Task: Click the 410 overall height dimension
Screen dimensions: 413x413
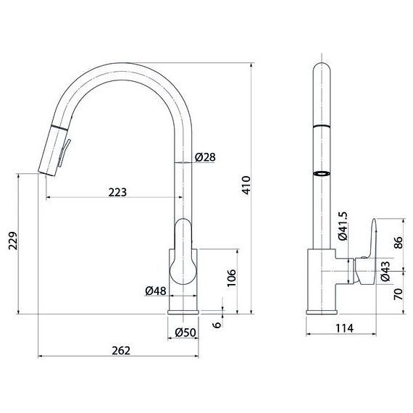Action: pyautogui.click(x=246, y=185)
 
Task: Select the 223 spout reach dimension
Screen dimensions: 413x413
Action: pyautogui.click(x=117, y=192)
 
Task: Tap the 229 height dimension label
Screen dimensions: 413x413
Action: pyautogui.click(x=13, y=241)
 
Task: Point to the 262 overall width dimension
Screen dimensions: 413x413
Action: pyautogui.click(x=121, y=351)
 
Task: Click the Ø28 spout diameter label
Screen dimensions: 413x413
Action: pyautogui.click(x=205, y=157)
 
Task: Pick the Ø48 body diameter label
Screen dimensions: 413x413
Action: pyautogui.click(x=156, y=291)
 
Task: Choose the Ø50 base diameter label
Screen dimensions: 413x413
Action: pyautogui.click(x=185, y=333)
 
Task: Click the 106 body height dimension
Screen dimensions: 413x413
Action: pyautogui.click(x=232, y=278)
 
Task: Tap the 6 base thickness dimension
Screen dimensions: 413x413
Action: pyautogui.click(x=217, y=325)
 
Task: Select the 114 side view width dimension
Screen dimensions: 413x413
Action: pyautogui.click(x=344, y=328)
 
